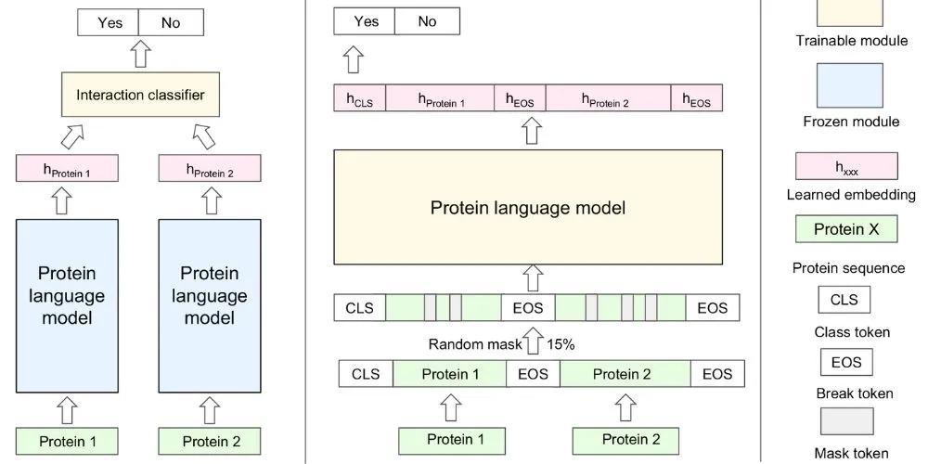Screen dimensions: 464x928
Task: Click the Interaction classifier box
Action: [x=139, y=96]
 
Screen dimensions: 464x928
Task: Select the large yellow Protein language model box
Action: [x=527, y=207]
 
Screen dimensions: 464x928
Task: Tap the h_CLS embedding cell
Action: [x=359, y=99]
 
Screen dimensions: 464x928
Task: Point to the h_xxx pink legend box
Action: [x=845, y=166]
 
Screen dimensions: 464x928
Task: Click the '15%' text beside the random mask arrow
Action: [x=561, y=344]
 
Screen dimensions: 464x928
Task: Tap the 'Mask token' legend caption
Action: [x=850, y=454]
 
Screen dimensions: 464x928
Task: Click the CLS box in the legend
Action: [x=844, y=300]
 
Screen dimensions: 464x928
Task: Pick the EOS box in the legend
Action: [x=844, y=362]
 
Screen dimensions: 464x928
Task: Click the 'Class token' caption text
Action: [x=851, y=331]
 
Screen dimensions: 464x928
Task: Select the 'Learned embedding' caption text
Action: [x=851, y=195]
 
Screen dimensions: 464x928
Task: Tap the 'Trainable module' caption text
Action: [x=851, y=41]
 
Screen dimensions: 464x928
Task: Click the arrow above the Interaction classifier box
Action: [x=139, y=54]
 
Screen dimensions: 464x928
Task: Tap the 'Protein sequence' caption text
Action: [x=848, y=268]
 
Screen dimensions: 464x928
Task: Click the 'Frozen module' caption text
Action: [x=851, y=122]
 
